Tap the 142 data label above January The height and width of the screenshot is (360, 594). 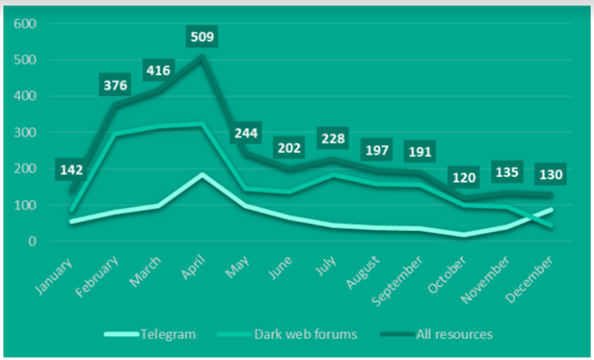(x=71, y=170)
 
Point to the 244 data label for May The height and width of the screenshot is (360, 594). (x=247, y=134)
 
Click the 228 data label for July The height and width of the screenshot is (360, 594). (x=334, y=138)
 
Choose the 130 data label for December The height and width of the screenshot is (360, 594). (x=554, y=174)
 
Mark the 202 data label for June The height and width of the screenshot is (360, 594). (x=290, y=149)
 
